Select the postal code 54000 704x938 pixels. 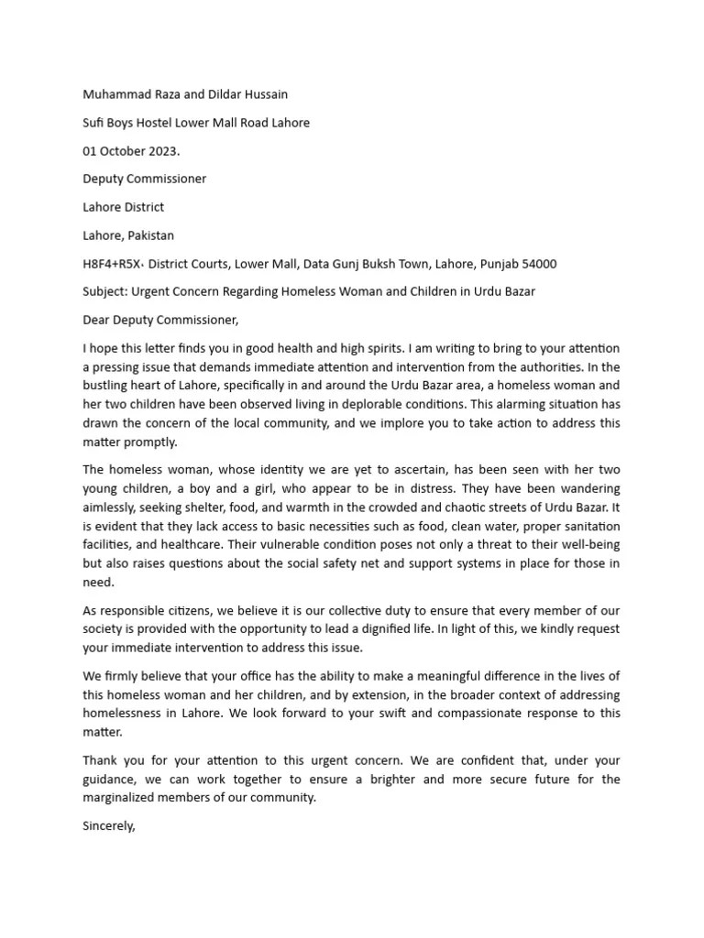coord(538,264)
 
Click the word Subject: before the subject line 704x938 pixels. coord(104,292)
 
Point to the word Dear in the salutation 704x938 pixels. coord(97,320)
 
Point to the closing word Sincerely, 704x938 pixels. coord(109,825)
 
